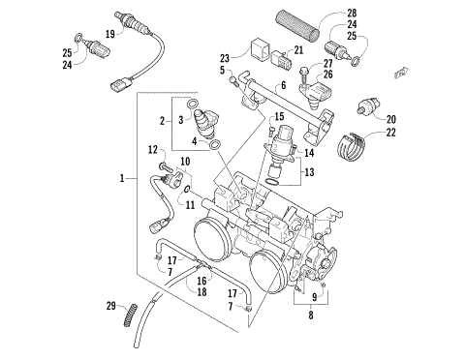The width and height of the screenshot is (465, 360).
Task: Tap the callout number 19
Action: [110, 34]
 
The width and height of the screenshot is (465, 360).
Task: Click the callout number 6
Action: [284, 86]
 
